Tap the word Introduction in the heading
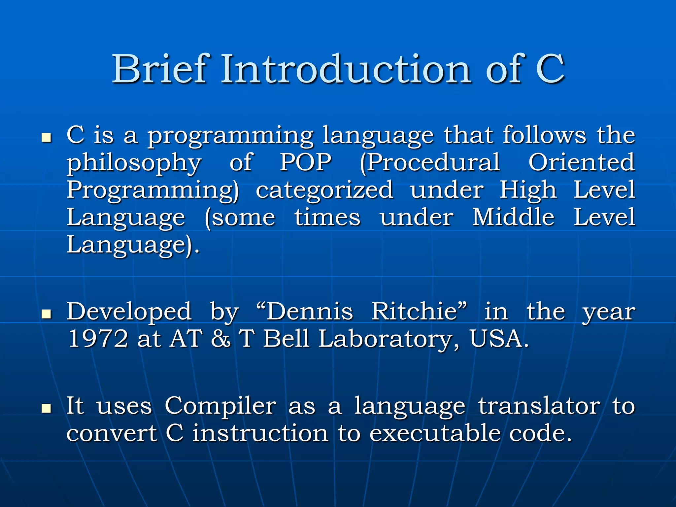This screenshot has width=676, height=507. pos(346,69)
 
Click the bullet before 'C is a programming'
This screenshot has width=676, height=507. pos(47,138)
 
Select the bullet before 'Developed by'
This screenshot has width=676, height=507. pos(47,314)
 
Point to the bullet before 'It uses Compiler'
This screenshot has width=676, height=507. pos(47,408)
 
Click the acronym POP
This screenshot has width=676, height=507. pos(306,162)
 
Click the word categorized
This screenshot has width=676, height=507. pos(324,190)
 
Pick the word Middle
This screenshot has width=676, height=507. pos(513,217)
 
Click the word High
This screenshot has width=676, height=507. pos(528,190)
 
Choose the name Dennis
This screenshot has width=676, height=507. pos(309,312)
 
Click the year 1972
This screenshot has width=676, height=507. pos(98,339)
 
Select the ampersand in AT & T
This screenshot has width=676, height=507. pos(221,339)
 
